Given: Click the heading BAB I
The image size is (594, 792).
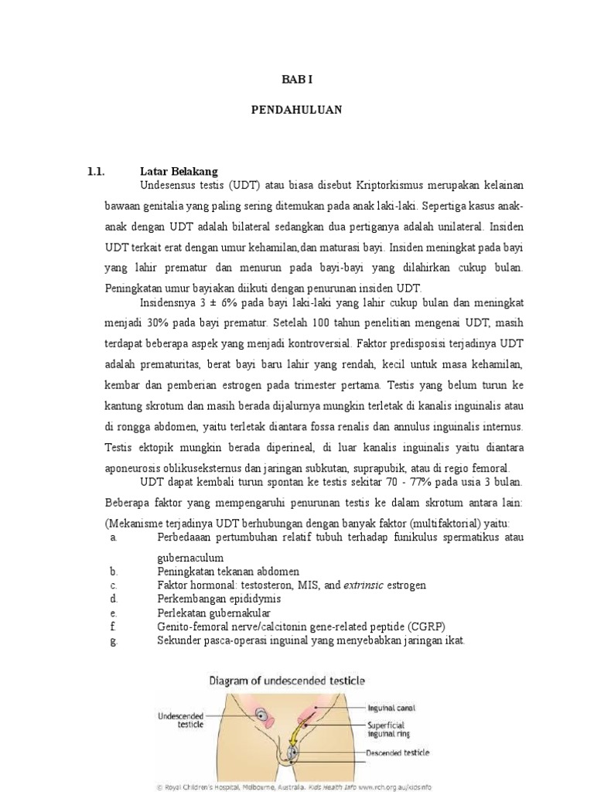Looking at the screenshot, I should click(296, 80).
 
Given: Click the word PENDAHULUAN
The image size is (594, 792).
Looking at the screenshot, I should click(296, 111).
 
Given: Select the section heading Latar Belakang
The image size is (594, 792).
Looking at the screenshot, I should click(179, 172).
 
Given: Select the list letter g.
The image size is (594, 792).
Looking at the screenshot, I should click(114, 640).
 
